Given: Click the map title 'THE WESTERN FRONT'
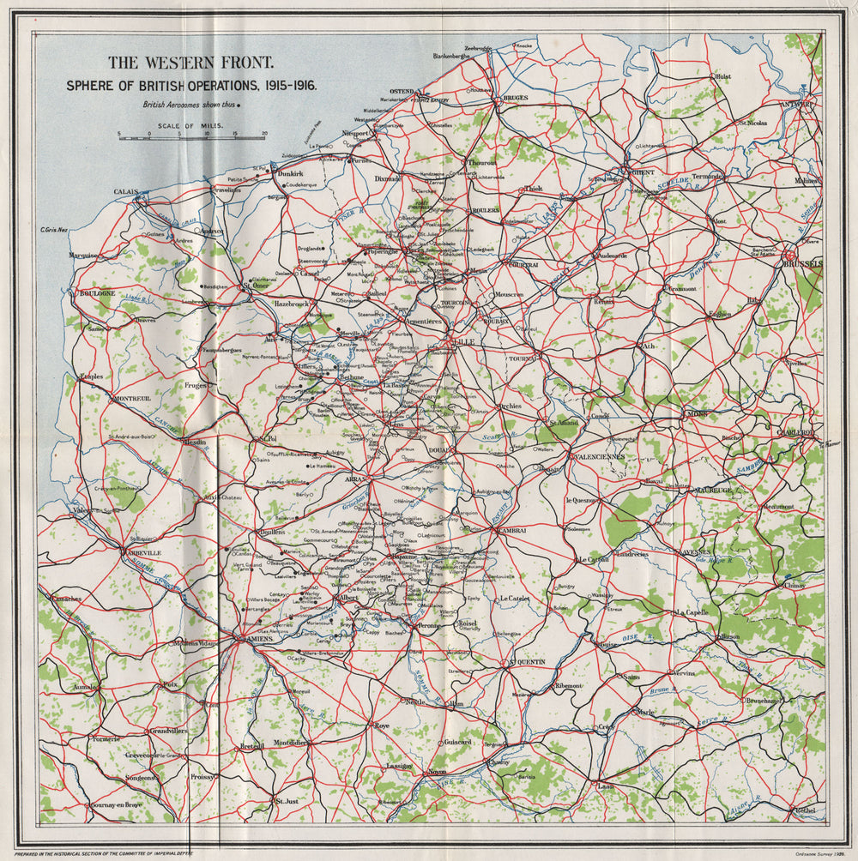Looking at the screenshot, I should point(190,63).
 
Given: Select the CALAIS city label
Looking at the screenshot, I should point(125,192).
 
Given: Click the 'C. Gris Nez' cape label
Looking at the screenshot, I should point(54,229).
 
